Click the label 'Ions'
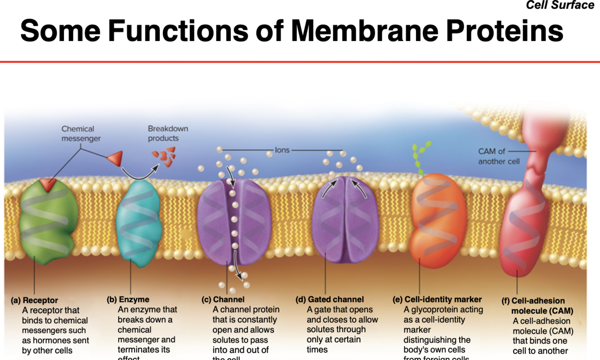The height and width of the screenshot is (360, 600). click(282, 150)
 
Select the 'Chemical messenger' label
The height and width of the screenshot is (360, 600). click(81, 134)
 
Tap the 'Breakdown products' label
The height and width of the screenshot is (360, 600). click(168, 133)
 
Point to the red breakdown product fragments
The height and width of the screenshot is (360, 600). click(165, 156)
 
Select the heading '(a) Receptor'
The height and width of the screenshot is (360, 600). click(35, 300)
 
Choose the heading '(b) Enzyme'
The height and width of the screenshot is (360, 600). click(128, 299)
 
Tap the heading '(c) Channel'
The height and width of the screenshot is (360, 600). click(223, 299)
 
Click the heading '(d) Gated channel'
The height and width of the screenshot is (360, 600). click(330, 299)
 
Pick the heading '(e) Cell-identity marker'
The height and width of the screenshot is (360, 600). click(437, 299)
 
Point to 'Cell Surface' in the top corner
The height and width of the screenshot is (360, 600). click(560, 5)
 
